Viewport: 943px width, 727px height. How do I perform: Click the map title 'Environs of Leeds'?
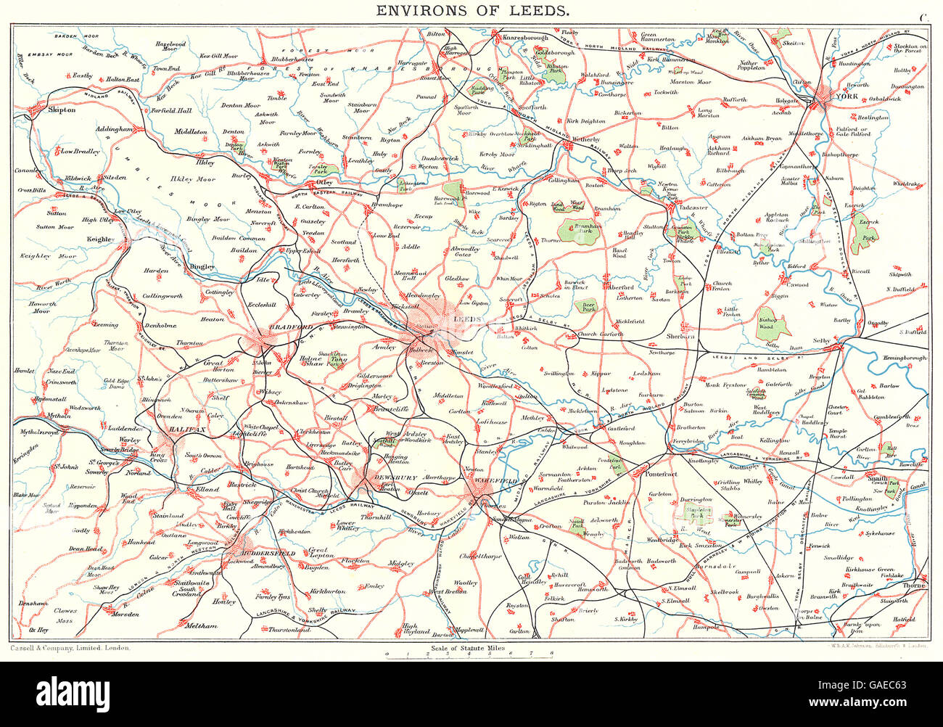click(x=471, y=11)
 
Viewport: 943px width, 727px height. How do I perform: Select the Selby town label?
click(x=820, y=340)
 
